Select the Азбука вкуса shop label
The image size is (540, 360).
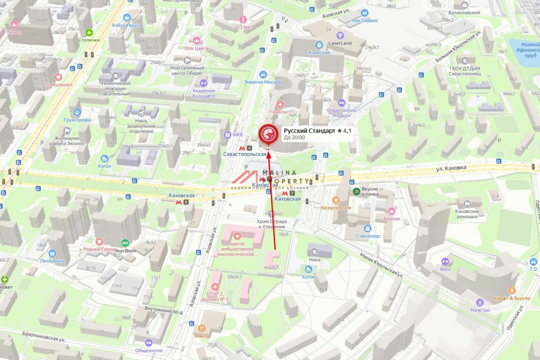pyautogui.click(x=127, y=25)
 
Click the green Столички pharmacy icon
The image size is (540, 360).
pyautogui.click(x=90, y=32)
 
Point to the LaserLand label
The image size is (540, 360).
pyautogui.click(x=340, y=43)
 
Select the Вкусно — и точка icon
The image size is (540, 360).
pyautogui.click(x=356, y=191)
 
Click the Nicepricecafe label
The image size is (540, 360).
pyautogui.click(x=335, y=208)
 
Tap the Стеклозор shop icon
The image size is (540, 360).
pyautogui.click(x=368, y=228)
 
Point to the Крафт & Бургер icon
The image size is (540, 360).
pyautogui.click(x=512, y=291)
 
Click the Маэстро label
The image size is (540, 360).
pyautogui.click(x=480, y=310)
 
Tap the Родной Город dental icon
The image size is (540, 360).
pyautogui.click(x=99, y=242)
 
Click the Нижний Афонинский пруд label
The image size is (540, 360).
pyautogui.click(x=524, y=50)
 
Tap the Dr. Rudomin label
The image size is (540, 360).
pyautogui.click(x=58, y=85)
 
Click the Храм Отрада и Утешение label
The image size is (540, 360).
pyautogui.click(x=271, y=224)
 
